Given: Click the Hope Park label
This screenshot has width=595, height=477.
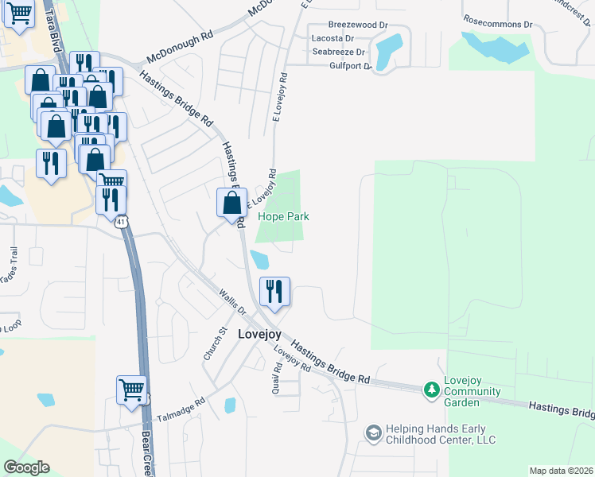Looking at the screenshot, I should click(282, 216).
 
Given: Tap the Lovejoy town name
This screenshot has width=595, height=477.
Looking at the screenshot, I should click(259, 335).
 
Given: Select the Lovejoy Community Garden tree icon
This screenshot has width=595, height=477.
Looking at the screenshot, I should click(431, 390).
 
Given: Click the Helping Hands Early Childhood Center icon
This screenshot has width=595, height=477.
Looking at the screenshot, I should click(373, 432).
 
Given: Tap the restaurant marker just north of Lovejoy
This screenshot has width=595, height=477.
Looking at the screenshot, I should click(274, 291).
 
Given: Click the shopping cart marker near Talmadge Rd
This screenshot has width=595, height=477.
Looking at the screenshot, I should click(132, 390).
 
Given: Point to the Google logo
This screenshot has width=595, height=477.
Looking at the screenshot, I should click(26, 467).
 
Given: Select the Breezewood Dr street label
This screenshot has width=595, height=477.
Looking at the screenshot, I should click(357, 25).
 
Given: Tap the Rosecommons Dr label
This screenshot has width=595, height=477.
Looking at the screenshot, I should click(498, 24).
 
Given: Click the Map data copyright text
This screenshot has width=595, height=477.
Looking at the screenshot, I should click(561, 471).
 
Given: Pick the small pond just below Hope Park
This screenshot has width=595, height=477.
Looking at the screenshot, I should click(259, 259).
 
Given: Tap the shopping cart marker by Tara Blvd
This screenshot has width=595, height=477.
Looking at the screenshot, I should click(18, 14).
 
